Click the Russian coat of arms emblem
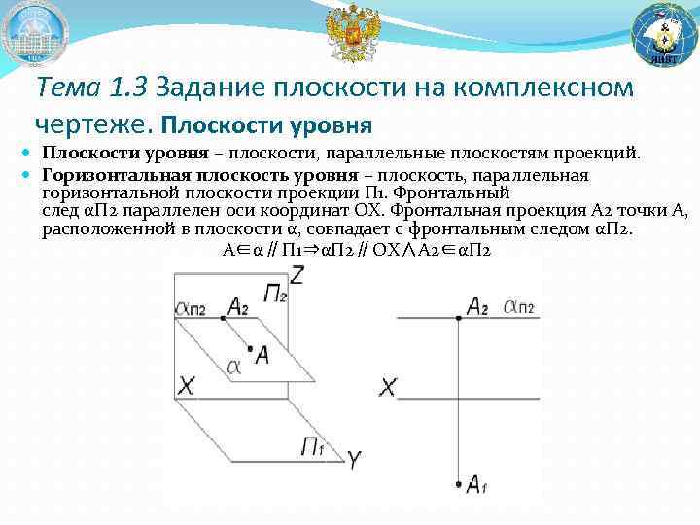(x=350, y=33)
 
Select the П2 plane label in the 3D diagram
(x=275, y=293)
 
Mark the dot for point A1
(x=458, y=482)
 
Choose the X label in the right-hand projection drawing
(x=387, y=389)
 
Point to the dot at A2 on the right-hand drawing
(x=458, y=317)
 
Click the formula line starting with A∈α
(x=356, y=250)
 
